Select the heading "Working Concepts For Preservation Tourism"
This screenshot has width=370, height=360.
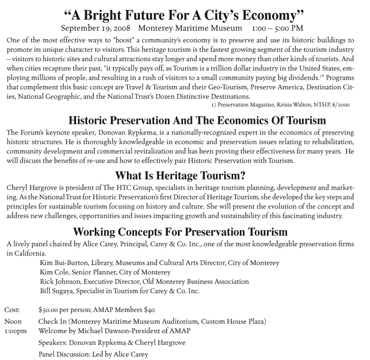point(180,232)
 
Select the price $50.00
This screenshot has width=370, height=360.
point(50,309)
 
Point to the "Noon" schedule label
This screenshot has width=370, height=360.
point(13,321)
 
